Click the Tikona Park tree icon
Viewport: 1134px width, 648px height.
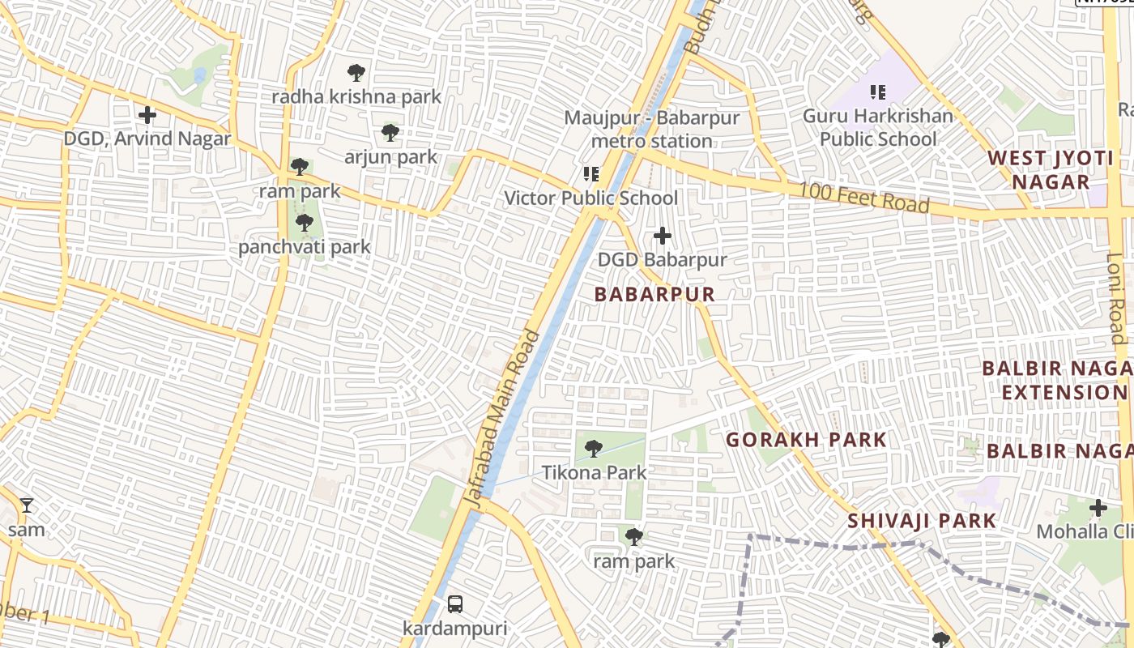click(x=593, y=448)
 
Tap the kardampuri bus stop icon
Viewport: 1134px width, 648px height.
click(x=455, y=604)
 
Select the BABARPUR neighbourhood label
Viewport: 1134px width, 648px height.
click(x=654, y=294)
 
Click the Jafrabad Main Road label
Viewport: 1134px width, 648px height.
click(x=503, y=419)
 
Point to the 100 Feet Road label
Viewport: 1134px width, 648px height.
click(x=863, y=198)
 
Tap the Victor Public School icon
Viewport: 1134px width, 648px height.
click(x=591, y=174)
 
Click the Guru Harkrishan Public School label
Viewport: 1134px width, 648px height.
click(x=877, y=127)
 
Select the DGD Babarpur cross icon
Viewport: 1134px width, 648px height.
click(x=663, y=237)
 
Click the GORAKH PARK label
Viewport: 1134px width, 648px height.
click(x=805, y=441)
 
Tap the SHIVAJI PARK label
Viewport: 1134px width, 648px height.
click(x=921, y=521)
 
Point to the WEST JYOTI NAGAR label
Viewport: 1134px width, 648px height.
click(x=1051, y=170)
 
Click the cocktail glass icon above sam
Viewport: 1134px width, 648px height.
click(x=27, y=505)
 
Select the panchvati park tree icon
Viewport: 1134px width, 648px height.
click(x=305, y=223)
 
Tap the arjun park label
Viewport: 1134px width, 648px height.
click(x=390, y=157)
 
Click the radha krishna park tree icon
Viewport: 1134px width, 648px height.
click(x=356, y=73)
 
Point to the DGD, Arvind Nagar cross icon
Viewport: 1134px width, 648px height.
click(x=147, y=115)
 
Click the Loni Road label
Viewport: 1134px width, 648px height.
click(x=1117, y=298)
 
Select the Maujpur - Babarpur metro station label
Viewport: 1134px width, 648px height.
click(x=651, y=130)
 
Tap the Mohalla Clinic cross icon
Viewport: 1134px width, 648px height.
click(x=1098, y=509)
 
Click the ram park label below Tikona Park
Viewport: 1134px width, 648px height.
click(x=633, y=561)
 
